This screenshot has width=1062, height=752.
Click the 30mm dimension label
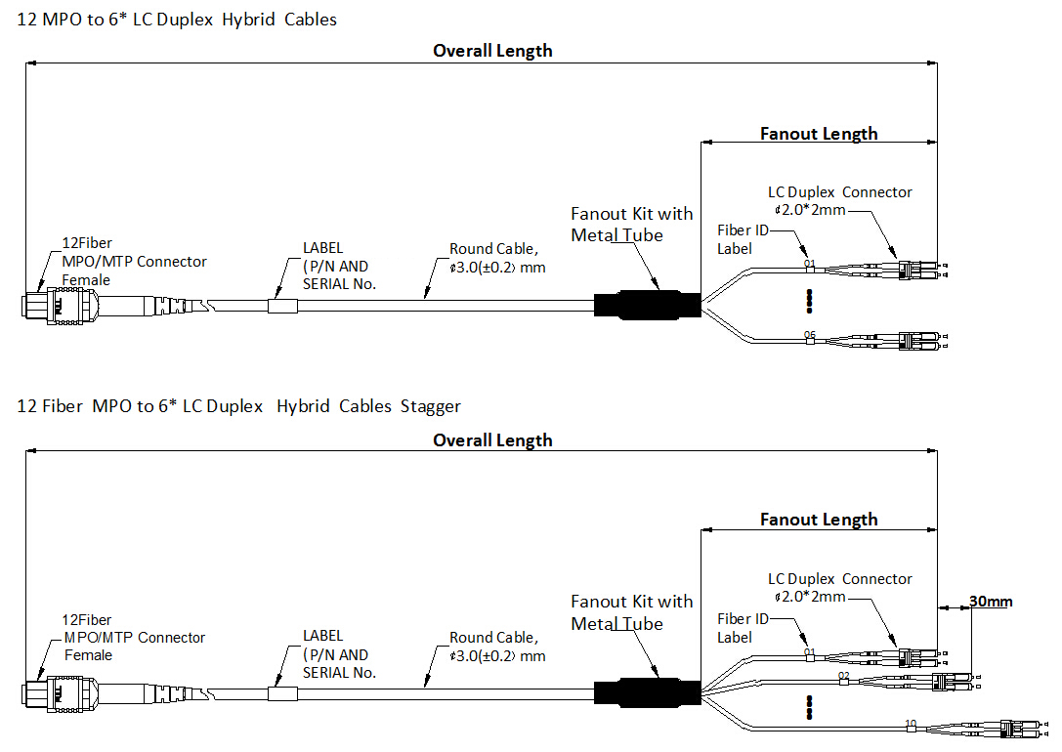click(x=990, y=602)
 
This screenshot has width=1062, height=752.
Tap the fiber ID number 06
click(x=809, y=335)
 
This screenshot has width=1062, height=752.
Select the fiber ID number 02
click(x=844, y=675)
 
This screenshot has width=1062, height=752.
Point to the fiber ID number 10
click(x=911, y=724)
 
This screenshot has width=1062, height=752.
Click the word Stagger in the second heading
click(x=430, y=406)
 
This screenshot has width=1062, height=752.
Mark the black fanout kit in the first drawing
click(x=648, y=306)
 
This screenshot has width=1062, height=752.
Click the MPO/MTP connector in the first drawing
click(x=39, y=306)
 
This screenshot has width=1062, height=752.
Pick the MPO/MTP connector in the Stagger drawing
click(x=39, y=694)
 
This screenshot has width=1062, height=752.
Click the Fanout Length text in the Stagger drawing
click(x=819, y=520)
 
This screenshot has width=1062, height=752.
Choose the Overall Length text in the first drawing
click(x=492, y=51)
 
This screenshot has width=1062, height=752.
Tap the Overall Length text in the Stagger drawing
click(x=492, y=440)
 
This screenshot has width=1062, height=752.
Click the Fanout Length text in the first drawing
click(x=819, y=134)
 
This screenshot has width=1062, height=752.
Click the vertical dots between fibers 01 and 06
click(x=809, y=301)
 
